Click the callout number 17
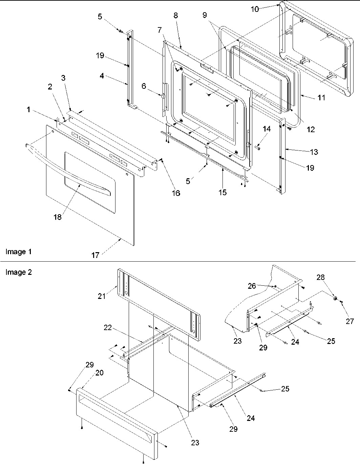pos(96,255)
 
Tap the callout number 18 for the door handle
pos(58,217)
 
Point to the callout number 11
pos(321,98)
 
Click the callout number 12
pos(310,129)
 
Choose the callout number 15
pos(223,193)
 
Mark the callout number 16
pos(175,193)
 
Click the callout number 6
pos(144,87)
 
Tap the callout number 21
pos(102,296)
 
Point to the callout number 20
pos(99,373)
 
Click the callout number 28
pos(320,277)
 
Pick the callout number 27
pos(350,321)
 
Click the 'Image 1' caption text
pos(19,252)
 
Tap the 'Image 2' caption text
pos(19,272)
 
